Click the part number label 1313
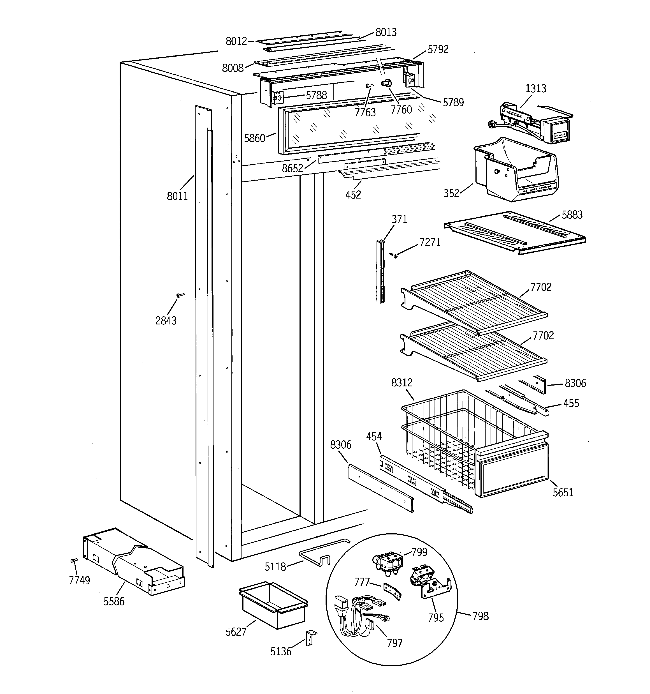(x=536, y=89)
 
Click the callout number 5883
(x=572, y=215)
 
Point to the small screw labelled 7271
(x=394, y=255)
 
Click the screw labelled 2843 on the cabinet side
(x=180, y=295)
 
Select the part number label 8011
(x=177, y=196)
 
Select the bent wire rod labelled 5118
(x=321, y=553)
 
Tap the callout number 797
(x=394, y=643)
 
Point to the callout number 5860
(x=254, y=139)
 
